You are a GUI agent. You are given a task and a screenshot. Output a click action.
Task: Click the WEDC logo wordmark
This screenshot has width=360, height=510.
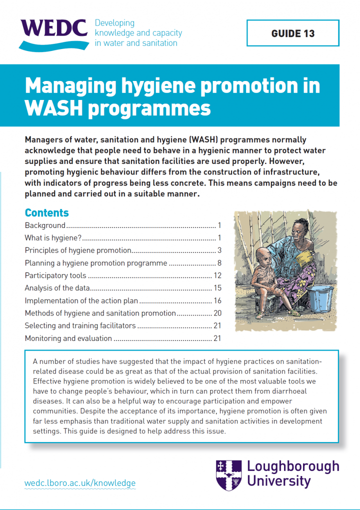coord(54,29)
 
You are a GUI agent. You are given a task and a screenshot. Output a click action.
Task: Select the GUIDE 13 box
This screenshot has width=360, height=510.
coord(293,33)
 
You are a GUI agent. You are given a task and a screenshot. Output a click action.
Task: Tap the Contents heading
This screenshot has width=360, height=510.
coord(47,212)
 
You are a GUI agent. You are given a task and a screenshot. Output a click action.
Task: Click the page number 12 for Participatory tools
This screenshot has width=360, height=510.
coord(217,275)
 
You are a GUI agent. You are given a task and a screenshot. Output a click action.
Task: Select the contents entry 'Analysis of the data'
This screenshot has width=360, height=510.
coord(57,288)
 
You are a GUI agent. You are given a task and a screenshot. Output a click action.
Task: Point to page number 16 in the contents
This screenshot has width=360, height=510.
coord(217,300)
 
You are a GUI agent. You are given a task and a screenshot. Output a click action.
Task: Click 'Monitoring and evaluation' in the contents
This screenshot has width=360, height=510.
coord(68,338)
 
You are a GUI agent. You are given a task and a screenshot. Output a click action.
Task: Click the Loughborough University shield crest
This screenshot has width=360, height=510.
coord(229,474)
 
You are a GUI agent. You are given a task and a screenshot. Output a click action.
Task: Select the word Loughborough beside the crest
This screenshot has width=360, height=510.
coord(293,466)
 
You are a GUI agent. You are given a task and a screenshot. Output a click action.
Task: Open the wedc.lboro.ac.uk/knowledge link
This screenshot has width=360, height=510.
coord(80,483)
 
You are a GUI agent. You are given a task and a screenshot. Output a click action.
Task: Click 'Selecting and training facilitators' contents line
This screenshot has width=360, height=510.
coord(80,326)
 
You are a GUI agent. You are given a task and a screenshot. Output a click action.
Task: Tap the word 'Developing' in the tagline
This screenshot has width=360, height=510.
coord(114,23)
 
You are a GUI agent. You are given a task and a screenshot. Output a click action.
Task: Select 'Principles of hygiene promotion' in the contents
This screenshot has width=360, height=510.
coord(78,250)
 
